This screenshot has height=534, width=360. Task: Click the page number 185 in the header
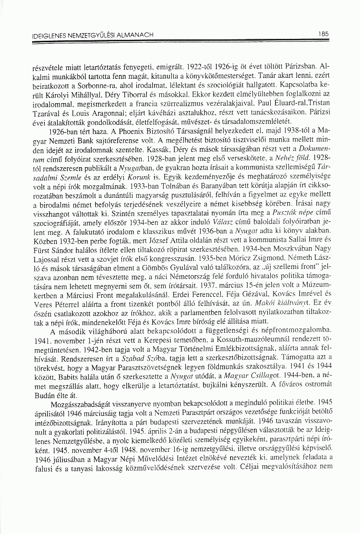tap(322, 35)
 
